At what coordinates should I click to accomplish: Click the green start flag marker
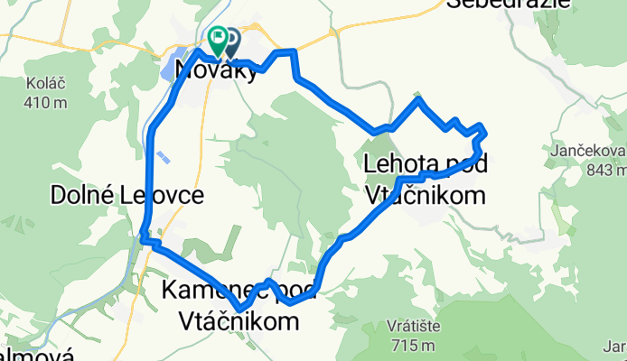pyautogui.click(x=218, y=38)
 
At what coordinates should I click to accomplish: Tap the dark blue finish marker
pyautogui.click(x=231, y=39)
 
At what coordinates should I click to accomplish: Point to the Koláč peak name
pyautogui.click(x=42, y=85)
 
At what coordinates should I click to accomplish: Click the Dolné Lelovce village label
pyautogui.click(x=127, y=194)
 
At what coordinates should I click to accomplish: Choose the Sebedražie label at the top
pyautogui.click(x=510, y=5)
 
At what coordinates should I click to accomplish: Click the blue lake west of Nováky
pyautogui.click(x=173, y=65)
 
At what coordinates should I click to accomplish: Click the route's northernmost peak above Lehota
pyautogui.click(x=417, y=97)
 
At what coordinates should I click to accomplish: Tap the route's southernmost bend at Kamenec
pyautogui.click(x=239, y=310)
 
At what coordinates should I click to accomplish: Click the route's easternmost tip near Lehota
pyautogui.click(x=486, y=134)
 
